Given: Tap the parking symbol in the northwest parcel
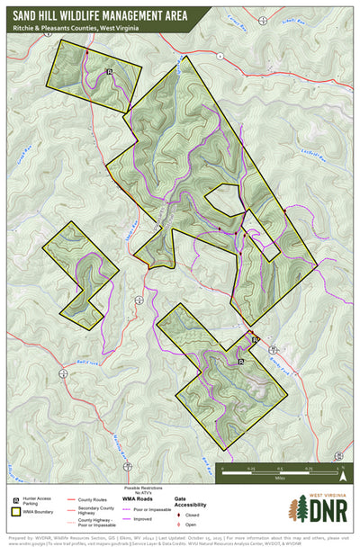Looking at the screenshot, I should pos(109,71).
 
